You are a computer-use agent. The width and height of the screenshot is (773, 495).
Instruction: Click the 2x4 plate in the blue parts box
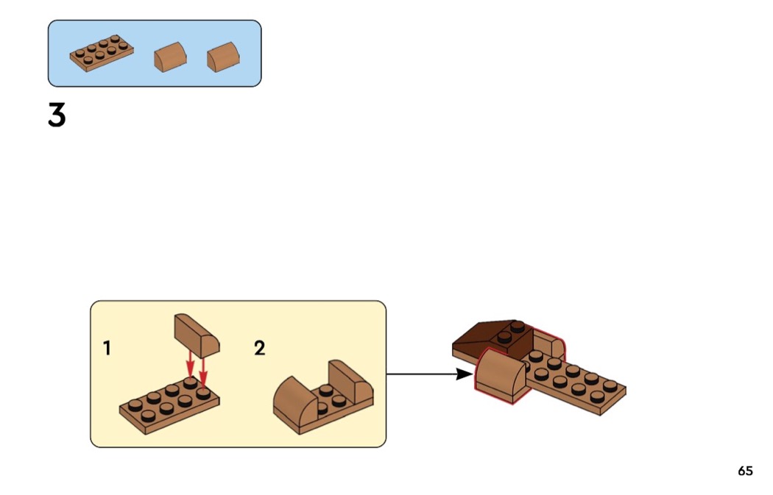click(102, 54)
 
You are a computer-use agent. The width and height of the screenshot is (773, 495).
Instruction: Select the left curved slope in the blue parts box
click(170, 57)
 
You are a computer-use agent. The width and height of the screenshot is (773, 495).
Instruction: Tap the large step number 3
click(57, 115)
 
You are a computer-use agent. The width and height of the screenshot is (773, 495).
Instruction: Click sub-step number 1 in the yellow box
click(107, 348)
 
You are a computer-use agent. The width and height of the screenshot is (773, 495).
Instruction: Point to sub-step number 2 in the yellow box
click(259, 348)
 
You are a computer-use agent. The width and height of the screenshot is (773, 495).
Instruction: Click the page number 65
click(745, 471)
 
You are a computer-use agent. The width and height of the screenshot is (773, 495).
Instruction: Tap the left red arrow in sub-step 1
click(191, 363)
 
